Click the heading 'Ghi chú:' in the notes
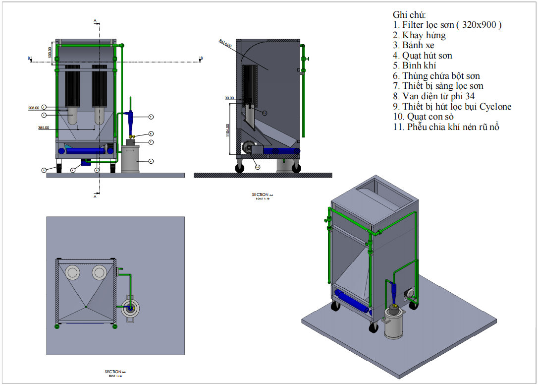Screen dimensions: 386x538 pos(409,15)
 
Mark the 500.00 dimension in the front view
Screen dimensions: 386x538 pos(50,52)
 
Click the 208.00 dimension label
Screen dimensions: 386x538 pos(34,107)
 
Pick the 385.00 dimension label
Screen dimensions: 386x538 pos(44,128)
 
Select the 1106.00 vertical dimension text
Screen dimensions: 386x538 pos(228,131)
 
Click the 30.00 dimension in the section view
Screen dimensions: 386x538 pos(229,98)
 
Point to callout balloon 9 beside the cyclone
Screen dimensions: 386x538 pos(151,117)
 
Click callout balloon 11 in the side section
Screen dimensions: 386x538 pos(264,113)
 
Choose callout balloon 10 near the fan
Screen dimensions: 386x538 pos(258,167)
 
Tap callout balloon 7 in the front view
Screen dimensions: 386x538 pos(151,142)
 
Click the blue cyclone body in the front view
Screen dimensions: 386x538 pos(131,119)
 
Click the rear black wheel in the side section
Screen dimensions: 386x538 pos(239,168)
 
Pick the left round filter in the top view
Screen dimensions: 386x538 pos(73,272)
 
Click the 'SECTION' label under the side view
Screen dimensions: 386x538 pos(260,194)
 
